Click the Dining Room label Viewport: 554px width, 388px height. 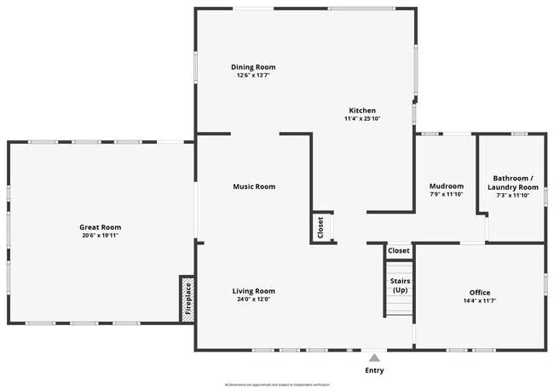253,67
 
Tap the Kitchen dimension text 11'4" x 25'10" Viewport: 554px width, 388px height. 361,119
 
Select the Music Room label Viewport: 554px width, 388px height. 254,186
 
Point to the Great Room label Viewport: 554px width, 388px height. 100,227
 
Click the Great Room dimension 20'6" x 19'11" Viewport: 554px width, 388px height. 100,236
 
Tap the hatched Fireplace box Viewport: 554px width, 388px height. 188,299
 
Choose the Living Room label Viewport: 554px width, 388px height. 254,291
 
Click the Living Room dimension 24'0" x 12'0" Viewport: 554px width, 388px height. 254,300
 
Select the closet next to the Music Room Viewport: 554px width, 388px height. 321,227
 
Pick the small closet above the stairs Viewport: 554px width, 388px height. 399,251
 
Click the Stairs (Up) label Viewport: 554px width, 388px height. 399,285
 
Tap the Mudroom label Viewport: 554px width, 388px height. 446,186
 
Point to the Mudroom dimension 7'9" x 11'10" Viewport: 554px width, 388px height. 446,195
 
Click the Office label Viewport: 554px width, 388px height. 480,293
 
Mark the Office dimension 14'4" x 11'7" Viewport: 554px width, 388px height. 480,301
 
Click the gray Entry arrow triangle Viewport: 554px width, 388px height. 373,358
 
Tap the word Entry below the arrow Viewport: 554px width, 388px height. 373,370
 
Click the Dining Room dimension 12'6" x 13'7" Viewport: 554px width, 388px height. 253,76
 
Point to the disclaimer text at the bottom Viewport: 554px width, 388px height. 276,385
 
